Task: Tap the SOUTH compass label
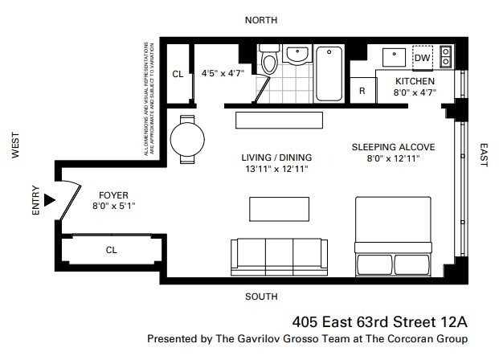coord(261,297)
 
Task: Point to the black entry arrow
coord(51,199)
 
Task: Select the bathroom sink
coord(297,55)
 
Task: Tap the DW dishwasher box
coord(422,59)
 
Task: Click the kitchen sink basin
coord(393,56)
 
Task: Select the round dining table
coord(187,138)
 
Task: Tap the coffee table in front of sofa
coord(278,209)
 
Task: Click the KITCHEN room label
coord(415,81)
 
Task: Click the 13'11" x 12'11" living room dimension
coord(276,170)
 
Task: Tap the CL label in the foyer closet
coord(112,250)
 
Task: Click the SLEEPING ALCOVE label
coord(394,148)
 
